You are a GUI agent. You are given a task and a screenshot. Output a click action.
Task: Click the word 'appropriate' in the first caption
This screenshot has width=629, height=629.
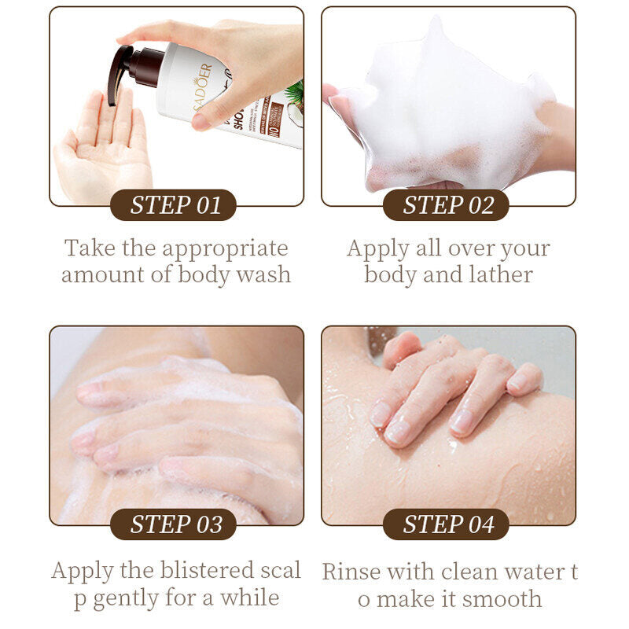(226, 249)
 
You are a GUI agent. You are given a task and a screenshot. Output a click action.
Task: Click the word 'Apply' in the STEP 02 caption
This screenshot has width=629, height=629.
(377, 249)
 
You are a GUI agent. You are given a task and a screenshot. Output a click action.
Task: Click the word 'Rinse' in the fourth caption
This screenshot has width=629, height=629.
(349, 571)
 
